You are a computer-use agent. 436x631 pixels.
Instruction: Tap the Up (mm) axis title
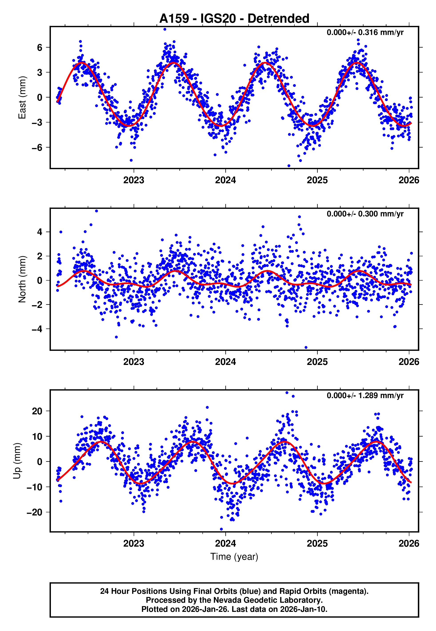point(17,461)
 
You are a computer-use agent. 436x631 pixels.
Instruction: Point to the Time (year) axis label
point(234,557)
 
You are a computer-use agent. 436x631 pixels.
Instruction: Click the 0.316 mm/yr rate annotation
point(365,32)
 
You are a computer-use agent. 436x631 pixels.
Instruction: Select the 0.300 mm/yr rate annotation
point(365,214)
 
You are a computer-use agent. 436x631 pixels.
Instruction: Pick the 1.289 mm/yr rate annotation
point(365,395)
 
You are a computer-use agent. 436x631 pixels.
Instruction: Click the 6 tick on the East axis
point(40,48)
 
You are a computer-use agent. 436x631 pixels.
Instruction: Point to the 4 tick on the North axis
point(40,232)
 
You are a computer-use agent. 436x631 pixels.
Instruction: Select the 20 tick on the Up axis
point(37,411)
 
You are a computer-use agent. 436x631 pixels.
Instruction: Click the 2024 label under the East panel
point(225,180)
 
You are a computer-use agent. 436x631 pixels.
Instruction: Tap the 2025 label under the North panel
point(317,362)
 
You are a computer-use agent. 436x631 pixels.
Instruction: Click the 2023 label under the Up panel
point(134,543)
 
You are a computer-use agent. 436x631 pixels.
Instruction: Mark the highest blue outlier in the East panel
point(165,29)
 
